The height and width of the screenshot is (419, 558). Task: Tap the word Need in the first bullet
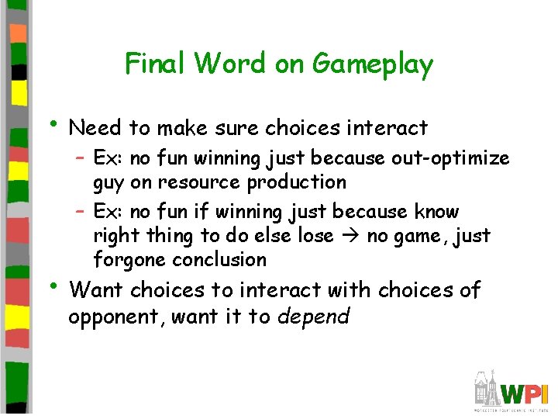(x=95, y=127)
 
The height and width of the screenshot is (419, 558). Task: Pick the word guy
(x=108, y=183)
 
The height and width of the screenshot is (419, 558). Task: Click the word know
(x=437, y=211)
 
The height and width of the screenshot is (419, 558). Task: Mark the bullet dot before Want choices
(x=52, y=286)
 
